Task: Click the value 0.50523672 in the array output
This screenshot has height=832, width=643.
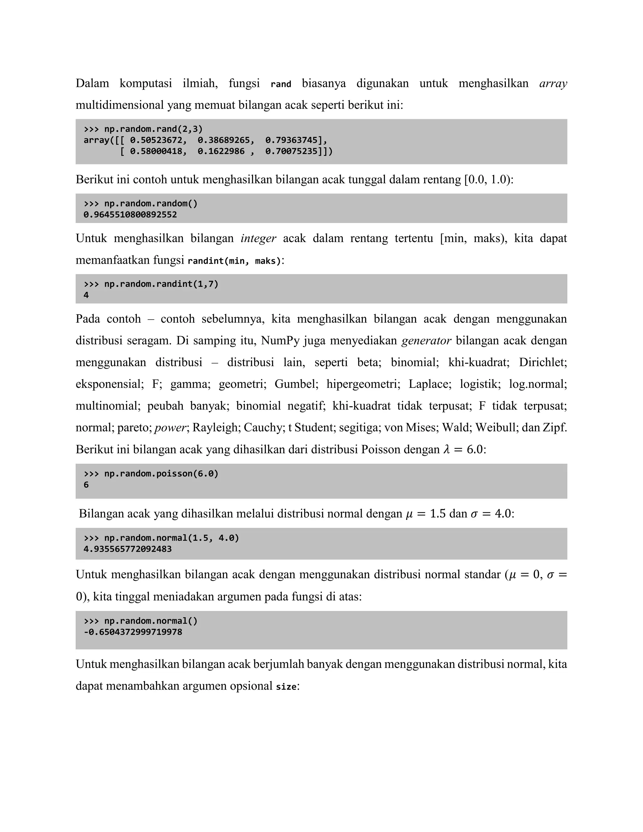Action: click(x=156, y=140)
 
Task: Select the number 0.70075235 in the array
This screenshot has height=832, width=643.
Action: click(x=291, y=152)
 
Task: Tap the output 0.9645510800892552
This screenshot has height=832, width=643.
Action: click(x=130, y=214)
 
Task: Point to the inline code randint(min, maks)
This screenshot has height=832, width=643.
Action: click(x=234, y=261)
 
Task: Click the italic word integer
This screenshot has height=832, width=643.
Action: click(x=258, y=239)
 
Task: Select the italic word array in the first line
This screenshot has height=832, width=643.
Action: click(x=553, y=84)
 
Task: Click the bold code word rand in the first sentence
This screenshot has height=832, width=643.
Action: click(x=281, y=84)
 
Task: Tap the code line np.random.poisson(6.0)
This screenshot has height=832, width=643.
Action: click(x=161, y=473)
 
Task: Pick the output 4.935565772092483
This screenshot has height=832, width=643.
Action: click(x=127, y=549)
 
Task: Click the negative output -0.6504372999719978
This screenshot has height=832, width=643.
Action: click(x=133, y=632)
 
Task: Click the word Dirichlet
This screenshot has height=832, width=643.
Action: click(x=543, y=362)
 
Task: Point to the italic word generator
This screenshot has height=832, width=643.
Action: click(x=426, y=341)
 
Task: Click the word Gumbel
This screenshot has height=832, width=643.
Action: click(x=296, y=384)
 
